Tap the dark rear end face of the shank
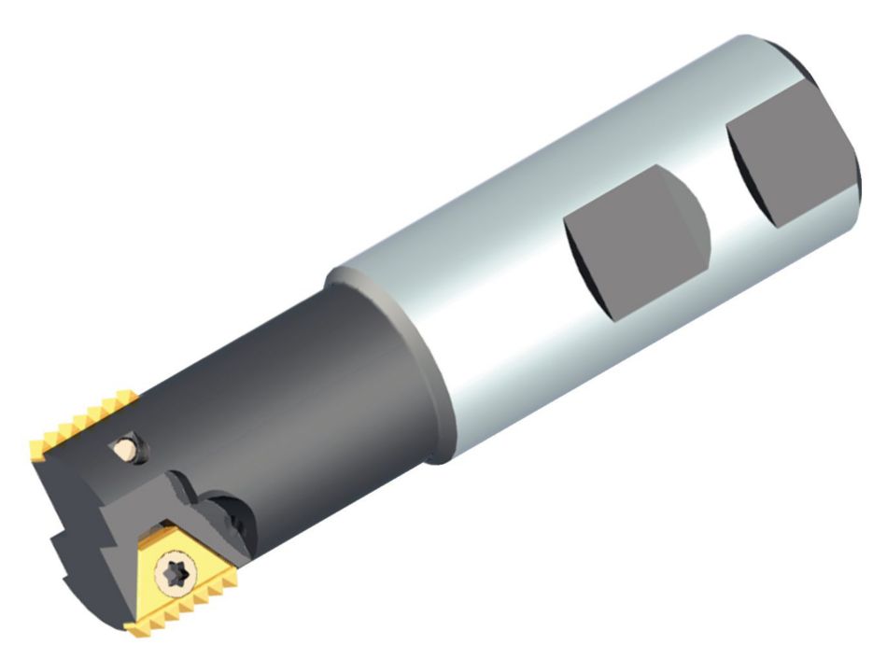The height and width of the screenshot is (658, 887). coord(845,140)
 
